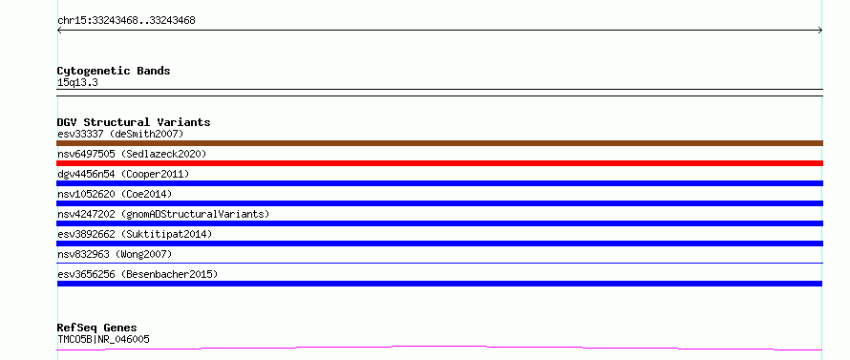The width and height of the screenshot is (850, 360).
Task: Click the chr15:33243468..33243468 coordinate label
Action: [126, 21]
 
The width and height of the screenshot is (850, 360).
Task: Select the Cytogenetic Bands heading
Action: [114, 71]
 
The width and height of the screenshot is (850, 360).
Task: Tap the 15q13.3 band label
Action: [77, 83]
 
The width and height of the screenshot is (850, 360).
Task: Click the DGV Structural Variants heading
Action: [134, 122]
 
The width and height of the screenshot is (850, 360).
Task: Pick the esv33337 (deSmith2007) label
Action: [121, 134]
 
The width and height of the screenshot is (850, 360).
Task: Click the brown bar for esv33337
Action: [439, 143]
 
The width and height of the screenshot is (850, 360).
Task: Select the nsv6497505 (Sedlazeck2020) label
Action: [132, 154]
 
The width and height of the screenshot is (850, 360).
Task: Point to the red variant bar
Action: [439, 163]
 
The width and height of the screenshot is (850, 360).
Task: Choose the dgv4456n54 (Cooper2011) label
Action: [123, 174]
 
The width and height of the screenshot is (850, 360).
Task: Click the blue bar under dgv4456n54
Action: [439, 183]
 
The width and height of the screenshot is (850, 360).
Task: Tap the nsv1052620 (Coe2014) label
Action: [115, 194]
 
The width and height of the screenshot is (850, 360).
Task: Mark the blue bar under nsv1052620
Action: [439, 203]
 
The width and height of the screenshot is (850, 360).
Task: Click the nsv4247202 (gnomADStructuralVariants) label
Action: [163, 214]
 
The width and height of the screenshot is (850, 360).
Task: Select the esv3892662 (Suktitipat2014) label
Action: [135, 234]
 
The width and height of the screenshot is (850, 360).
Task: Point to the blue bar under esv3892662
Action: [439, 244]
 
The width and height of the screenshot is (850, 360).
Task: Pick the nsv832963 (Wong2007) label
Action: [115, 254]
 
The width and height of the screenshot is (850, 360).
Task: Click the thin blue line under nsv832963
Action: [439, 263]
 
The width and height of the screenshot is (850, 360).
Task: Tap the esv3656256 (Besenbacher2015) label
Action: [138, 274]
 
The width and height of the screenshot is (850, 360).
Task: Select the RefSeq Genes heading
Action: [97, 328]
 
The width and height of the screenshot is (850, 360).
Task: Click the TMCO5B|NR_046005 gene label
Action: [103, 339]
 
